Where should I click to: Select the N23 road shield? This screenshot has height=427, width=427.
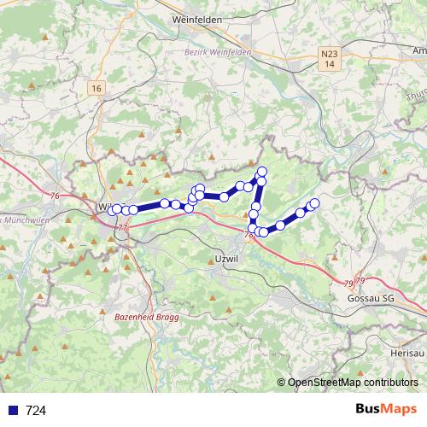(x=330, y=54)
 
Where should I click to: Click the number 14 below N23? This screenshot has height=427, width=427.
(x=330, y=65)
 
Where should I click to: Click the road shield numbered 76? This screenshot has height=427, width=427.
(x=56, y=196)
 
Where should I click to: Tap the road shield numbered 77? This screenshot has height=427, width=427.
(x=122, y=228)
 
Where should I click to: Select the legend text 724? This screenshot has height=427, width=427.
(x=36, y=411)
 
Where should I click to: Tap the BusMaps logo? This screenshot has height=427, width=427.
(x=386, y=410)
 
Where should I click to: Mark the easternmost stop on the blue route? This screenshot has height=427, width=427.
(x=314, y=202)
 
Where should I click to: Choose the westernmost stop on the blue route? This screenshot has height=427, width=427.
(x=114, y=209)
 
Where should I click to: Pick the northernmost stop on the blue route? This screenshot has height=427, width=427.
(x=261, y=172)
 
